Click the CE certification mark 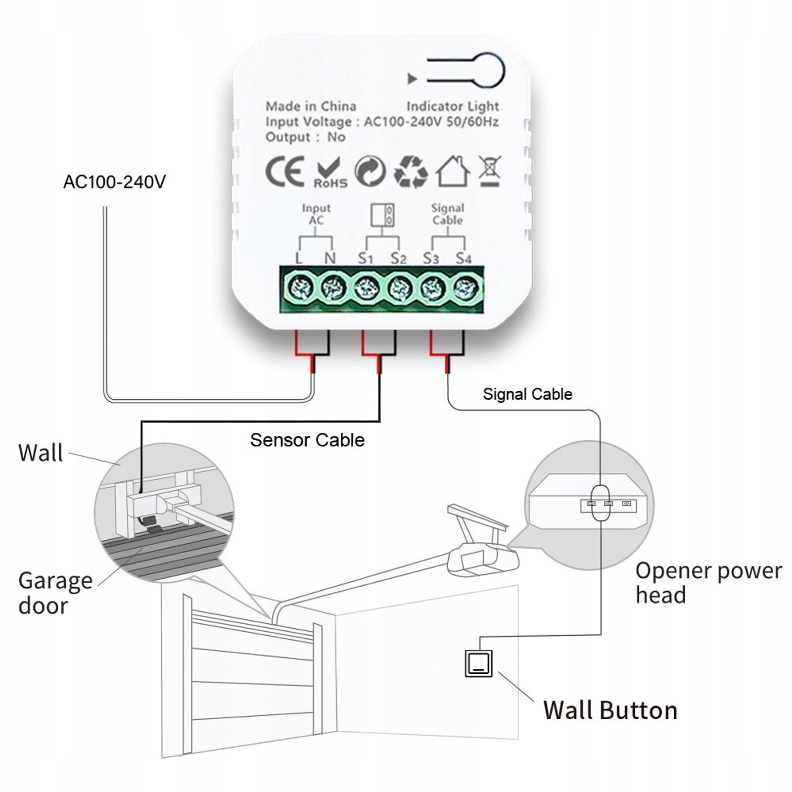(284, 172)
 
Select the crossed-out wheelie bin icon (490, 171)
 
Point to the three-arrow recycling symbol (411, 172)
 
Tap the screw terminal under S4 (466, 288)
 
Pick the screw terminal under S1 (366, 288)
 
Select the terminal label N (329, 258)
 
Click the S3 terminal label (431, 258)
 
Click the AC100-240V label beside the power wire (114, 182)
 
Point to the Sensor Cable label (307, 440)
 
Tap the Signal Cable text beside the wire (527, 394)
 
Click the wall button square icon (479, 663)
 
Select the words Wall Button (610, 710)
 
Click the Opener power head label (708, 583)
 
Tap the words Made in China (311, 106)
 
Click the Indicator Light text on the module (453, 106)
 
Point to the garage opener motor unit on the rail (483, 559)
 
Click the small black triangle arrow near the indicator (412, 79)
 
